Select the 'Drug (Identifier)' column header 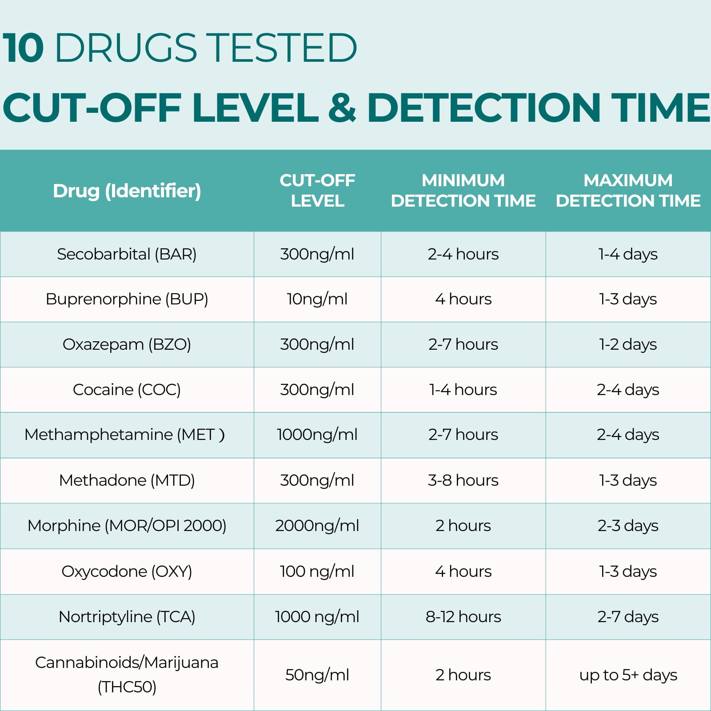tap(127, 191)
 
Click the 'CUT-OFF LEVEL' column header tap(317, 191)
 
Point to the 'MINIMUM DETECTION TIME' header tap(463, 191)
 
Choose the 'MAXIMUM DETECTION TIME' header tap(628, 191)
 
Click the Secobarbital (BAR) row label tap(127, 254)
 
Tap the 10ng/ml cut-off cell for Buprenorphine tap(317, 299)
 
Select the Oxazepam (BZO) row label tap(127, 344)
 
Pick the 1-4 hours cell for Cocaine tap(463, 390)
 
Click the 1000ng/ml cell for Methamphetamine tap(317, 435)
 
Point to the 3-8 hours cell tap(463, 480)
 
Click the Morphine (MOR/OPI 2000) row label tap(127, 526)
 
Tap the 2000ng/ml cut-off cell tap(317, 526)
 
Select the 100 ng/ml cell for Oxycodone tap(317, 571)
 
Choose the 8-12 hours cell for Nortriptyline tap(463, 617)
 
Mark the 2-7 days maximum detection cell tap(628, 617)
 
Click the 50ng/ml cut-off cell tap(317, 675)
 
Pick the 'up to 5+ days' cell tap(628, 675)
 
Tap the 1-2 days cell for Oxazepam tap(628, 344)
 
